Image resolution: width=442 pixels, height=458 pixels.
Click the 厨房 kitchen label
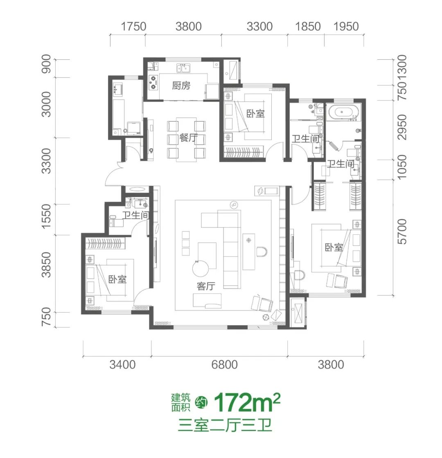(x=181, y=85)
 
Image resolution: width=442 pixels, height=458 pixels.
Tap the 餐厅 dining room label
(x=188, y=138)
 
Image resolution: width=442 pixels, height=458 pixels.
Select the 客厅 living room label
(x=206, y=286)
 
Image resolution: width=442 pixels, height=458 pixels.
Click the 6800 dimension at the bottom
(x=224, y=365)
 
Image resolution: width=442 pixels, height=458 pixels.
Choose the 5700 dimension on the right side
(x=402, y=231)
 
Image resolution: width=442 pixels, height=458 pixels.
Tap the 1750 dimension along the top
(x=133, y=26)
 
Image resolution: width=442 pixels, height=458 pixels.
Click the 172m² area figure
(x=247, y=402)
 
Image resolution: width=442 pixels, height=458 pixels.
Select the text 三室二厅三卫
(x=225, y=425)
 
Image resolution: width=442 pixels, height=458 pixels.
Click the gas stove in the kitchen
(x=153, y=82)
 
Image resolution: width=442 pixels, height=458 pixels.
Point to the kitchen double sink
(x=183, y=68)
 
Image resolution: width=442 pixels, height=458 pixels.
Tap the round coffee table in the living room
(x=201, y=268)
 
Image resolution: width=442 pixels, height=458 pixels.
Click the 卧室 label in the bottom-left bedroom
(x=117, y=279)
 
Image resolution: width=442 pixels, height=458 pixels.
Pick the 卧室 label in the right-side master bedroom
(x=334, y=247)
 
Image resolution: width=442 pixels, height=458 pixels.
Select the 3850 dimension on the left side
(x=46, y=265)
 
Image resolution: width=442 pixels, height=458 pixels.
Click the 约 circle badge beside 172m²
(x=202, y=402)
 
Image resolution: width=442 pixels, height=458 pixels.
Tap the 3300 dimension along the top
(x=259, y=26)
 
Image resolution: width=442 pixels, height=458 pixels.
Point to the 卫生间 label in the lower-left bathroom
(x=135, y=215)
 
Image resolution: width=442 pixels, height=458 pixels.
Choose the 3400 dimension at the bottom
(x=122, y=365)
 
